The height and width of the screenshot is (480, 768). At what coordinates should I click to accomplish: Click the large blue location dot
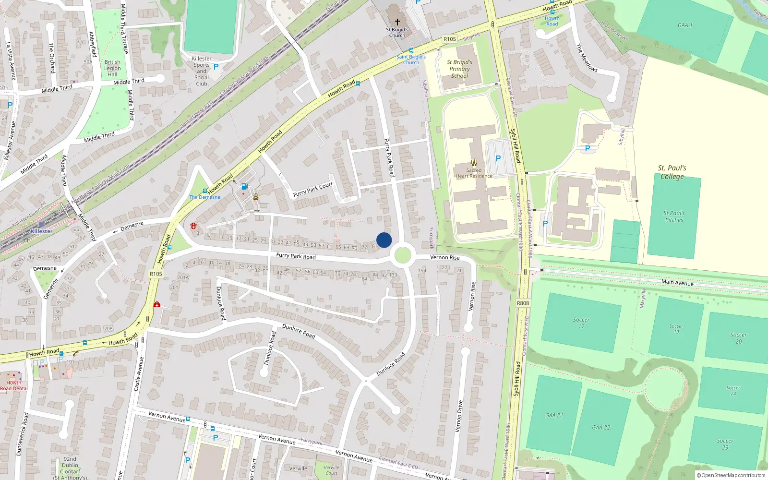(384, 240)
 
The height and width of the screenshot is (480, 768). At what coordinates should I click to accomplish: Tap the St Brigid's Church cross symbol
(397, 22)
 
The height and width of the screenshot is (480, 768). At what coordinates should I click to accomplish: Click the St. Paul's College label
(672, 172)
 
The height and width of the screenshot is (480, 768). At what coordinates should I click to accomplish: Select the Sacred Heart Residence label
(474, 173)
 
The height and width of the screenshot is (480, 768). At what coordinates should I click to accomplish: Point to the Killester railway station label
(42, 231)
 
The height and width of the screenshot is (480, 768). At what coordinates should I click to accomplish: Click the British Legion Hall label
(112, 68)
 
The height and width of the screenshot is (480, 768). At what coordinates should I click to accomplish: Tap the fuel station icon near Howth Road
(244, 186)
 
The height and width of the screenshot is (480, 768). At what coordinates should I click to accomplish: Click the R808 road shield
(523, 303)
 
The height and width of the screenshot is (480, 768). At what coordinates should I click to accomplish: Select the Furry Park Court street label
(313, 190)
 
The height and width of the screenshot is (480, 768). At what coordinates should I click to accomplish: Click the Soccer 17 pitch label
(581, 323)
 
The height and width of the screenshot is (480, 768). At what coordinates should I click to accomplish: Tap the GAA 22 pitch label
(601, 427)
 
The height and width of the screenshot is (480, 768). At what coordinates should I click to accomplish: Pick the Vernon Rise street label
(444, 258)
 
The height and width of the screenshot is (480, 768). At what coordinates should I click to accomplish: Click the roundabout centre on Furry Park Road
(402, 255)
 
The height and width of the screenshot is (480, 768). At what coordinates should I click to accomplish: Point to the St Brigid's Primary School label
(459, 69)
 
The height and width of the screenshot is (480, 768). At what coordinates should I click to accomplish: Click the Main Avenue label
(677, 282)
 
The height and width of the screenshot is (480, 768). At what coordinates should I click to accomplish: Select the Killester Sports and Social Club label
(202, 71)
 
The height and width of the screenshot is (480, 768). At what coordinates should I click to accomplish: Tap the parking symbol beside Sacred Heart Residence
(498, 158)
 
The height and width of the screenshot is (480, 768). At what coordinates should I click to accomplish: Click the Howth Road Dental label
(14, 385)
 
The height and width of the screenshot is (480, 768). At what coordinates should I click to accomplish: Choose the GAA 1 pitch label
(685, 25)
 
